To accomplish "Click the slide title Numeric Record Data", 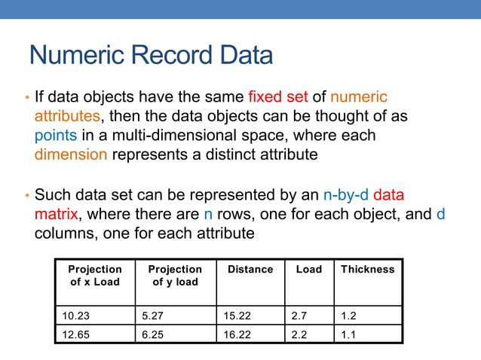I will click(x=151, y=56).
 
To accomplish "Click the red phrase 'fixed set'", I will click(x=278, y=97).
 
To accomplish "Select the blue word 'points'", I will click(x=54, y=136).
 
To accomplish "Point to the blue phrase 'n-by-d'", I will click(x=346, y=194).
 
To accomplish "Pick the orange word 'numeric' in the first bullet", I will click(x=359, y=97).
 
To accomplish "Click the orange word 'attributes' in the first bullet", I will click(x=67, y=117).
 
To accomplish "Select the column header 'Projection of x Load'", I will click(x=95, y=276).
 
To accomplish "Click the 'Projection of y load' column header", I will click(x=175, y=276).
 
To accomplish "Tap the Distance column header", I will click(x=250, y=270).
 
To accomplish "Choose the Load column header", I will click(x=308, y=270).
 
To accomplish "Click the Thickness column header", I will click(x=367, y=270).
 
